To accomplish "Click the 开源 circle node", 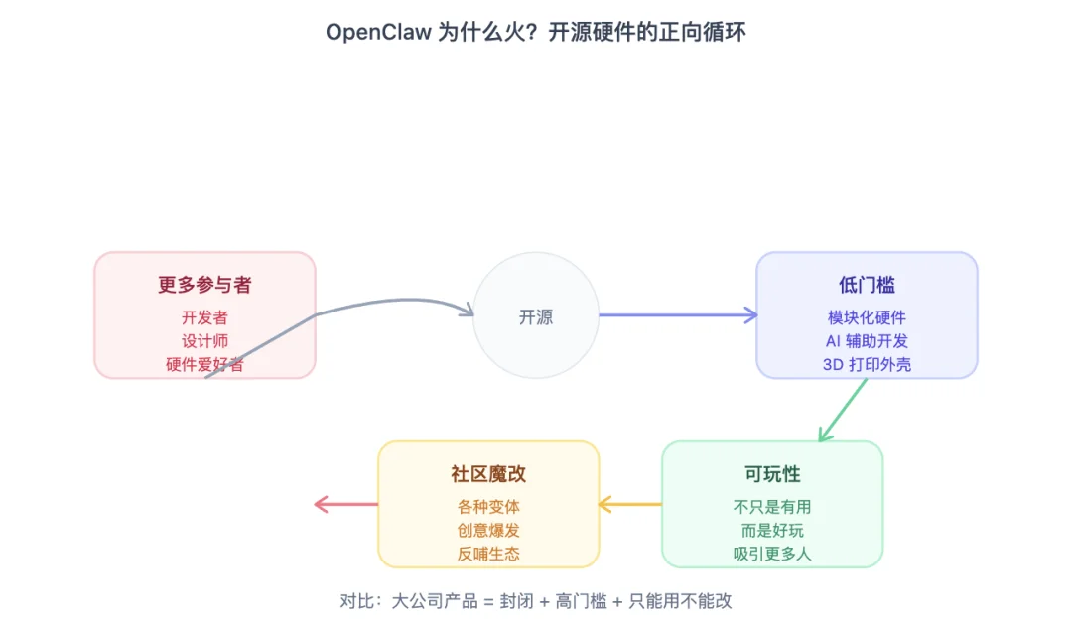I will pyautogui.click(x=536, y=316).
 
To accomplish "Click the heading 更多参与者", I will pyautogui.click(x=204, y=285).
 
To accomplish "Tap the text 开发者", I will pyautogui.click(x=204, y=317).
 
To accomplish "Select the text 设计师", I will pyautogui.click(x=204, y=341).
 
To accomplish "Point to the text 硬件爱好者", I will pyautogui.click(x=204, y=364).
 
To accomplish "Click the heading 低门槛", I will pyautogui.click(x=867, y=285).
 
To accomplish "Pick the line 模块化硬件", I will pyautogui.click(x=867, y=317).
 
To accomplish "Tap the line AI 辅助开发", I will pyautogui.click(x=867, y=341).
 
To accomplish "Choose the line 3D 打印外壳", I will pyautogui.click(x=867, y=364).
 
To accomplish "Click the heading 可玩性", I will pyautogui.click(x=772, y=474).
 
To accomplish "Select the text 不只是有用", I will pyautogui.click(x=772, y=507).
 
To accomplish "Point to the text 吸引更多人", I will pyautogui.click(x=772, y=554).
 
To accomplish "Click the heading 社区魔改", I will pyautogui.click(x=488, y=474).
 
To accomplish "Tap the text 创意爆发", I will pyautogui.click(x=488, y=531).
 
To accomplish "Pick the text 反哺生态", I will pyautogui.click(x=488, y=554).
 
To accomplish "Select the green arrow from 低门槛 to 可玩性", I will pyautogui.click(x=843, y=410).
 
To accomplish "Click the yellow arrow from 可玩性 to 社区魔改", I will pyautogui.click(x=630, y=505).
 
